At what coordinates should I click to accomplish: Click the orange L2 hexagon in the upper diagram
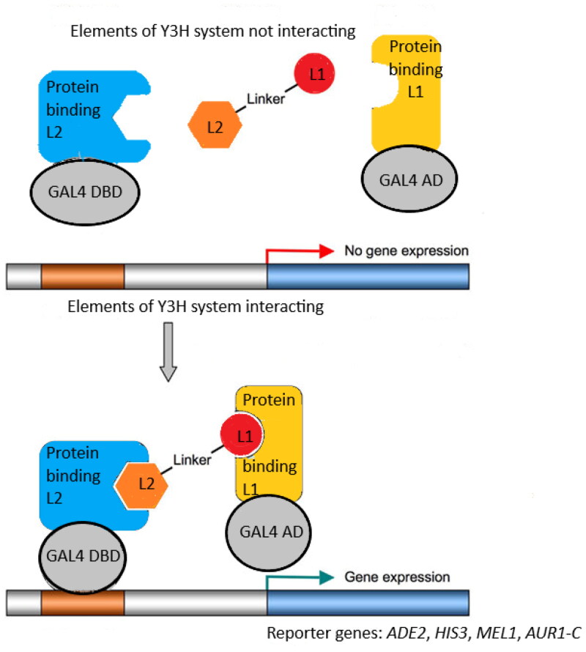[215, 126]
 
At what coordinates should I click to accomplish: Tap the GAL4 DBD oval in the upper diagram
[86, 192]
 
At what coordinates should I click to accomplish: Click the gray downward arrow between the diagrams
[168, 355]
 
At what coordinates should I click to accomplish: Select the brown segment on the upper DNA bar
[83, 275]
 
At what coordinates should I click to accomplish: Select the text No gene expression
[406, 251]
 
